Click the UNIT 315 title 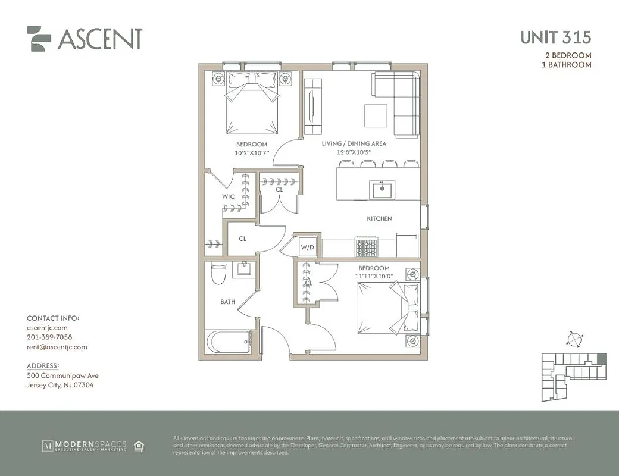(x=555, y=37)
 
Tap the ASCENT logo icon (x=39, y=39)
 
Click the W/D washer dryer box (x=307, y=247)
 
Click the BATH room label (x=227, y=302)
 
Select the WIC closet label (x=228, y=197)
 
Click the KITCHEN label (x=379, y=219)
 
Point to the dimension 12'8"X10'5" (x=354, y=152)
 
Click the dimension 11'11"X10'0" (x=374, y=277)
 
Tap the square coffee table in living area (x=376, y=115)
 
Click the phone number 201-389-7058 (x=49, y=337)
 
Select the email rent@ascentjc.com (x=57, y=347)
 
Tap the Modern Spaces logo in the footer (x=83, y=445)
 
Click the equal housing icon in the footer (x=139, y=445)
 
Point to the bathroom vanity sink (x=243, y=270)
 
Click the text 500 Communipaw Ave (x=62, y=375)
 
